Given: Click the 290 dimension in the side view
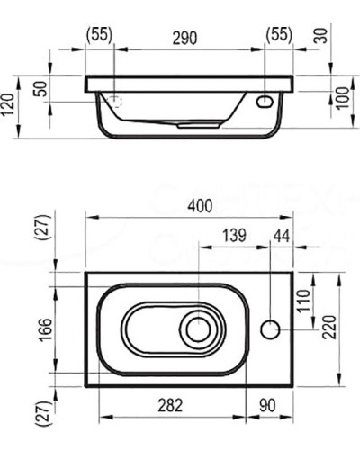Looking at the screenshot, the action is [184, 38].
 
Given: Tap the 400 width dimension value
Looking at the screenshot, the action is [200, 206].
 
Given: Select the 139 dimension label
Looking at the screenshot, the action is [234, 236].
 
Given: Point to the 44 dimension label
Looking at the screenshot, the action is [282, 236].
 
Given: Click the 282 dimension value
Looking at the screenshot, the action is [170, 405].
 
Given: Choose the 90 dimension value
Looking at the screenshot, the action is [267, 405].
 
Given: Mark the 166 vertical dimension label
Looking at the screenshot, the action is [46, 329].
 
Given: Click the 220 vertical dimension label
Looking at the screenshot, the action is [329, 328].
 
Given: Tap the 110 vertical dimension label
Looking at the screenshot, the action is [303, 301].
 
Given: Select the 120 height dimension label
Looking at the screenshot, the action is [7, 105].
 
